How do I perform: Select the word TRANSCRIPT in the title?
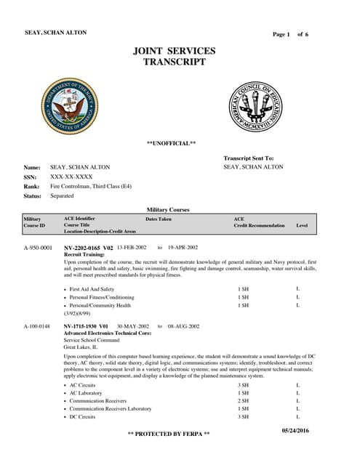click(175, 62)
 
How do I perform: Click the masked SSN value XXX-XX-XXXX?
click(71, 177)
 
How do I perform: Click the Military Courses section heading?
click(168, 209)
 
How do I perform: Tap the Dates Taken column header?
click(159, 219)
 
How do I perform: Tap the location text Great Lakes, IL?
click(80, 347)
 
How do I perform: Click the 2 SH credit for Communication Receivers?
click(244, 400)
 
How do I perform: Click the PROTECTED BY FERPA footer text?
click(169, 434)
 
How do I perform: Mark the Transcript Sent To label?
click(249, 158)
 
